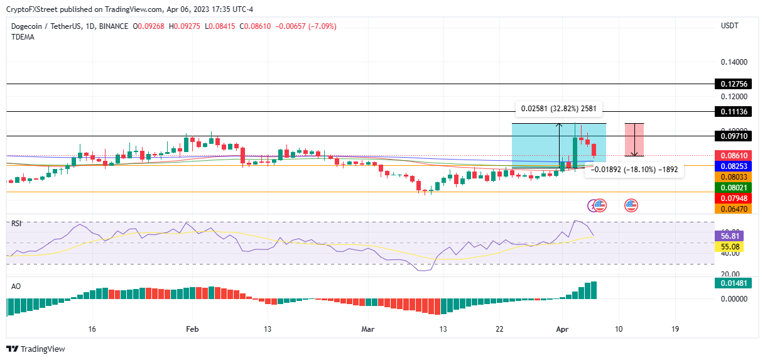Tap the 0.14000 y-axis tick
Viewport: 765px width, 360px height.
point(733,62)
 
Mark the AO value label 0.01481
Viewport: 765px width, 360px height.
point(733,283)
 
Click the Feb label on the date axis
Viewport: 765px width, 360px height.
point(193,329)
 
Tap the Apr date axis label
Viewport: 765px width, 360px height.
point(562,329)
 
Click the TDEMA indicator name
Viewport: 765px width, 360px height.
point(23,37)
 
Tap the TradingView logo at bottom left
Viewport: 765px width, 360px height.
point(36,349)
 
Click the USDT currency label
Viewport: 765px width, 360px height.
point(730,26)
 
